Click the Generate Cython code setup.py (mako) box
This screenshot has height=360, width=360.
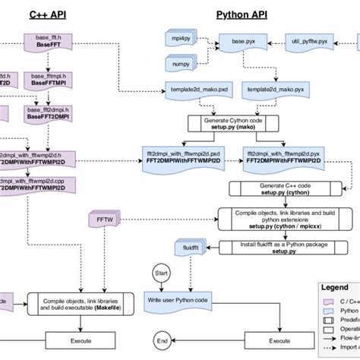234,123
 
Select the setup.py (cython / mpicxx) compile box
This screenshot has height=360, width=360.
276,219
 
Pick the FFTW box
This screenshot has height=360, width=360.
103,221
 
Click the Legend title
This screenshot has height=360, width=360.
336,288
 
